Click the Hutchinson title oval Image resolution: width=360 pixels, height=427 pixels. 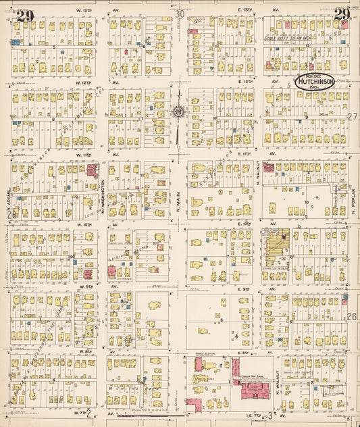click(317, 82)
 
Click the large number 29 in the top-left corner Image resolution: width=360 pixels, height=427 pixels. click(25, 17)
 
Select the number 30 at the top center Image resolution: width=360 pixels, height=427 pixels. click(179, 14)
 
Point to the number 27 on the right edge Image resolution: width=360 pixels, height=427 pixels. click(352, 116)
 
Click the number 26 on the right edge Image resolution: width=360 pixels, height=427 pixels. click(352, 316)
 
